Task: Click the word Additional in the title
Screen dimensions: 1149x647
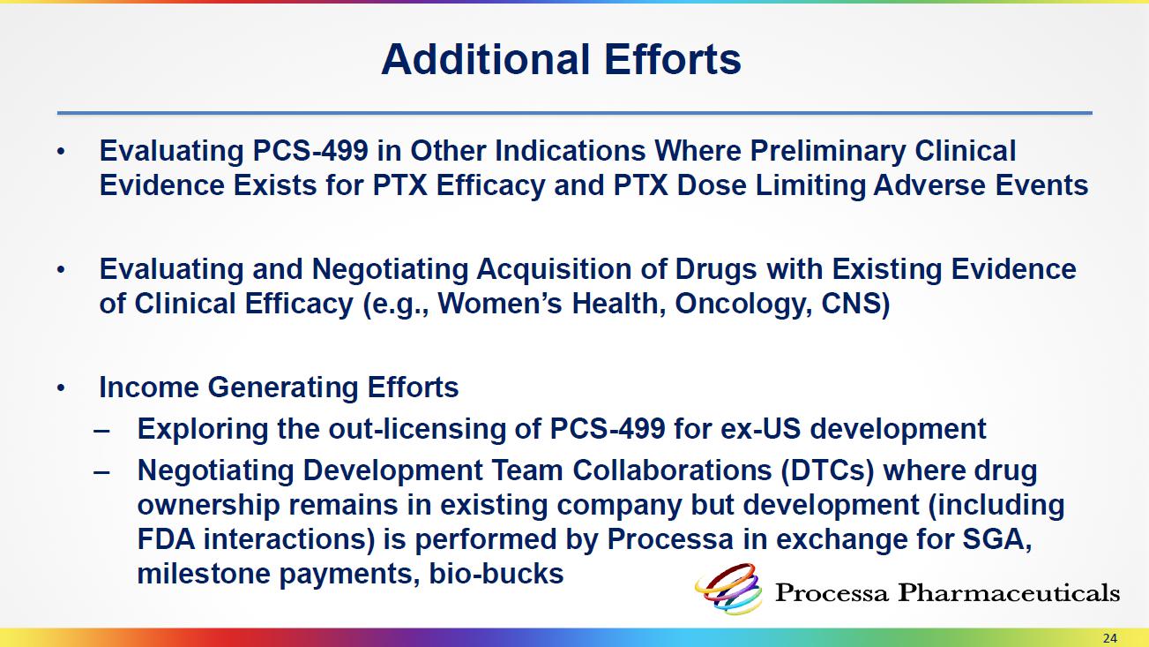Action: point(486,59)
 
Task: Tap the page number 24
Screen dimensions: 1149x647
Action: point(1109,638)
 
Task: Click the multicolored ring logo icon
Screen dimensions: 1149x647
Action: point(729,589)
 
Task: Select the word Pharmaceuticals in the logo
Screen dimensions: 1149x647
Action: point(1009,592)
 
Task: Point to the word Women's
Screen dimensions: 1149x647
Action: point(500,304)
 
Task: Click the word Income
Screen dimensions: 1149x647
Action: point(149,387)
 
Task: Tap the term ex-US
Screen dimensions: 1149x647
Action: point(760,429)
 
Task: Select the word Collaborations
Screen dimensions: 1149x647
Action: point(672,470)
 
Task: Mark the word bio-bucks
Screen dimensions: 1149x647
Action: point(496,574)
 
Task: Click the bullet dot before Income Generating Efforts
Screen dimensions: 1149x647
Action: point(61,388)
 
